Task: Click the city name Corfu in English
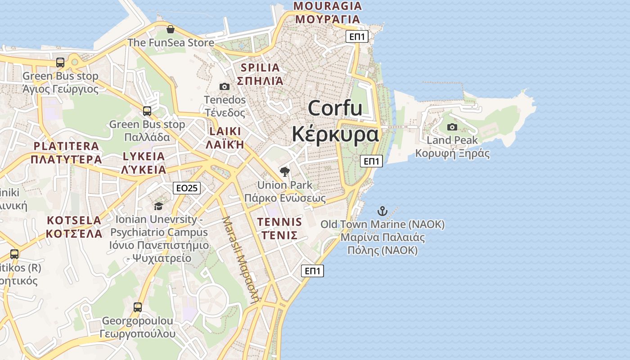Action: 335,108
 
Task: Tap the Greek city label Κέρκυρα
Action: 335,134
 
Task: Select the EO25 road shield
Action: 186,188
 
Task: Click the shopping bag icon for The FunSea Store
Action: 171,30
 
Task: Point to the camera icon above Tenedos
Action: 225,86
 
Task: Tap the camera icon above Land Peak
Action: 452,127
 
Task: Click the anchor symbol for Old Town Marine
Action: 382,211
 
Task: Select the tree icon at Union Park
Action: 284,171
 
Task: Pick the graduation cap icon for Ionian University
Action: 158,206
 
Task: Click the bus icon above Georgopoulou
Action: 138,307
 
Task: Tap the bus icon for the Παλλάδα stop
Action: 147,111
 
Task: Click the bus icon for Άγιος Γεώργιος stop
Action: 60,63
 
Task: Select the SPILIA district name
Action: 260,68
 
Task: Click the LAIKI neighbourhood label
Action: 225,131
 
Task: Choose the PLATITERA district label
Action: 66,146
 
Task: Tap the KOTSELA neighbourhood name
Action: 74,220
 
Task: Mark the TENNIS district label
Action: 279,222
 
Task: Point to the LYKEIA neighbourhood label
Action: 144,157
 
